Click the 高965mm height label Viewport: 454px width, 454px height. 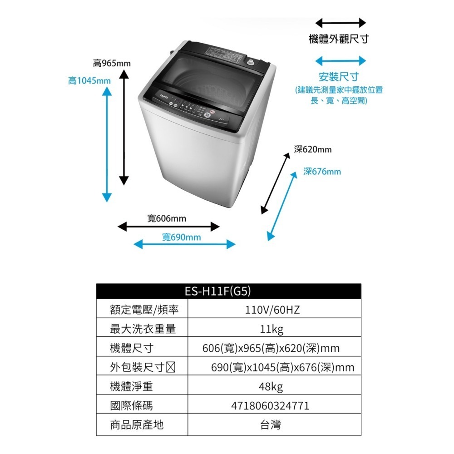[111, 63]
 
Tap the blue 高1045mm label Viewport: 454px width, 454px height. [89, 81]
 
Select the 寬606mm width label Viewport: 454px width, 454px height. [167, 219]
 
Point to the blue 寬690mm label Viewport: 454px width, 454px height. [182, 237]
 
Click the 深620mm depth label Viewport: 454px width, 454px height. [313, 149]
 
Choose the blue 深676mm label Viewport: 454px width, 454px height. [322, 172]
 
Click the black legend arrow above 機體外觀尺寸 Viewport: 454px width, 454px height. [340, 23]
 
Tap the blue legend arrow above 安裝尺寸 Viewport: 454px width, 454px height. [340, 60]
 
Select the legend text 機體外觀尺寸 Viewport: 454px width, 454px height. [339, 39]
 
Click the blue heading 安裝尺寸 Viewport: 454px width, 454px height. [339, 76]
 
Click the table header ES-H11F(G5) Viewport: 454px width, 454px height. [228, 291]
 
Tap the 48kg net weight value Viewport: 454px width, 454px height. [271, 387]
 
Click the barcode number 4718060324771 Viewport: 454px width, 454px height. [271, 406]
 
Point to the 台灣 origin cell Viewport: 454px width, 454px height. [271, 425]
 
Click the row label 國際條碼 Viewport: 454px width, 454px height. [132, 406]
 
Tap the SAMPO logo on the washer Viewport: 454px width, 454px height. [163, 96]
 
